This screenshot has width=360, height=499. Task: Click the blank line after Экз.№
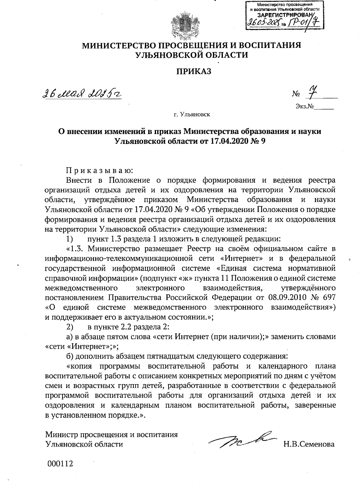(x=324, y=107)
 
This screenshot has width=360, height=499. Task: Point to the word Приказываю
(x=99, y=171)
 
